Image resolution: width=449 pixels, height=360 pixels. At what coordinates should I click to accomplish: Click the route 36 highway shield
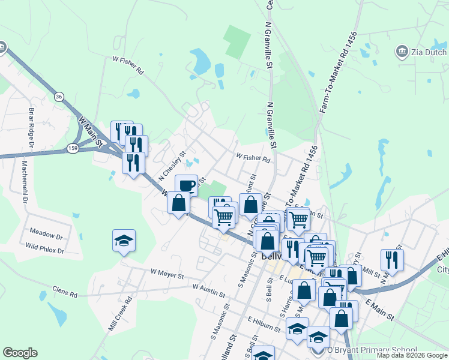58,96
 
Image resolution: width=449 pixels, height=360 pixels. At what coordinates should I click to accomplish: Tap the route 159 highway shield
73,147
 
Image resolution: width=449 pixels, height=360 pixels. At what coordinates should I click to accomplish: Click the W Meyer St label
166,274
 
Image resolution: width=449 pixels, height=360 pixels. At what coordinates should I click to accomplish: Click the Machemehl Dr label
25,179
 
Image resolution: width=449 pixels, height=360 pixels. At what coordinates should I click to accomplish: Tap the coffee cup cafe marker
186,184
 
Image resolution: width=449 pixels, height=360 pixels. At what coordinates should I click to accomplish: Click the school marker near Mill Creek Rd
124,241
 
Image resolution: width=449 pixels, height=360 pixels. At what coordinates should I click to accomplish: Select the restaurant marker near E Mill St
392,259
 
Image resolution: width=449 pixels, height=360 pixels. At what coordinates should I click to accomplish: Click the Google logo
20,353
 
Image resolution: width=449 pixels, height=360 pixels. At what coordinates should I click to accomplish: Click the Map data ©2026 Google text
412,355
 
